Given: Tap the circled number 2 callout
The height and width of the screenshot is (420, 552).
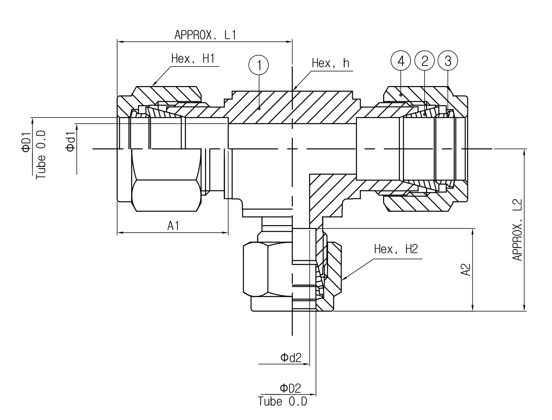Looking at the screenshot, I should click(425, 61).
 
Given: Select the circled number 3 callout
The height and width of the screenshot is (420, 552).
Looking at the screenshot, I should click(448, 61).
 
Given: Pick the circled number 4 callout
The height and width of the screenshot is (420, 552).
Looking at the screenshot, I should click(401, 61).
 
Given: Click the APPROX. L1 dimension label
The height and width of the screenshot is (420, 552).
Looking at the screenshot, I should click(205, 35).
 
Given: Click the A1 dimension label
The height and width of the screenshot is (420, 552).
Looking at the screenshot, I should click(173, 226).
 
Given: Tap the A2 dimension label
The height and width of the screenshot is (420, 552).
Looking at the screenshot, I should click(466, 269).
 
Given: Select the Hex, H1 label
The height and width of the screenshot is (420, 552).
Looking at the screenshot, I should click(193, 59).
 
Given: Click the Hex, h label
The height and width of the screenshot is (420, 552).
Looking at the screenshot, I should click(331, 63).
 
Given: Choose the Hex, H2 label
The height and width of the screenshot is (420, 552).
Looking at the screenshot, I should click(396, 249).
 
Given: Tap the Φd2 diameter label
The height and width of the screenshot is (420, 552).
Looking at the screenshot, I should click(291, 358).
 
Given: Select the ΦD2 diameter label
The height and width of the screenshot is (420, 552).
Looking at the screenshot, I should click(290, 388).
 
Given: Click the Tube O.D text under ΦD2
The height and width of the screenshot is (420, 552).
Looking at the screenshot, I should click(283, 402).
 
